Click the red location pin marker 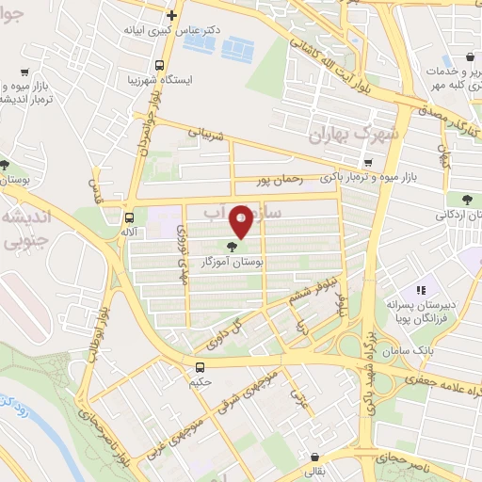(242, 222)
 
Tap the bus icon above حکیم (200, 367)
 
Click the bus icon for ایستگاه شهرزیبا (159, 67)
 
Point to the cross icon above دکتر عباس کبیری (170, 15)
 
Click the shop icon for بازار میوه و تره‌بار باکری (368, 161)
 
